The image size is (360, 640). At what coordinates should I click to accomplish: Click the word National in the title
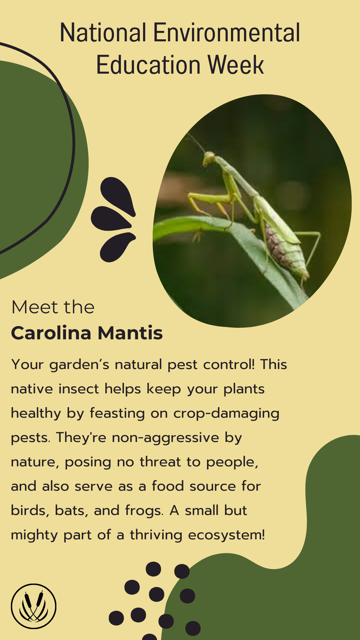coord(103,33)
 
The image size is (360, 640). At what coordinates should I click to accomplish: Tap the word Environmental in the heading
coord(227,33)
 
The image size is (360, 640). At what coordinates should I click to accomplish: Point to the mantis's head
coord(209,158)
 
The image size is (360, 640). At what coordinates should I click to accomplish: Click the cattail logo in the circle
coord(34,606)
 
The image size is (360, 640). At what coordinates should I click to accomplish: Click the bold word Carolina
coord(51,333)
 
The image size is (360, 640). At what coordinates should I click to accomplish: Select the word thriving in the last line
coord(156,535)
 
